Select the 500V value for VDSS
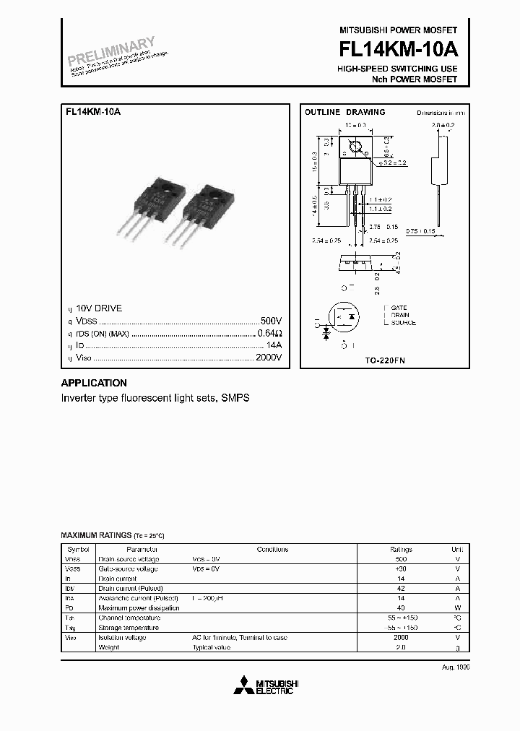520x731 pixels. [270, 320]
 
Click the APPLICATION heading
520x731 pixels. [94, 384]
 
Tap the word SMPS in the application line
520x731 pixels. [235, 399]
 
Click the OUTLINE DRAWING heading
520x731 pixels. [344, 113]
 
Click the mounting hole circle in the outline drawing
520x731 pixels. [354, 150]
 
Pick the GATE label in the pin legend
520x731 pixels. [399, 308]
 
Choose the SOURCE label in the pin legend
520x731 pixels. [403, 323]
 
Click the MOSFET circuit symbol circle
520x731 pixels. [345, 316]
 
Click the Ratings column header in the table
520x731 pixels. [401, 549]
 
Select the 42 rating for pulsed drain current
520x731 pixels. [401, 589]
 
